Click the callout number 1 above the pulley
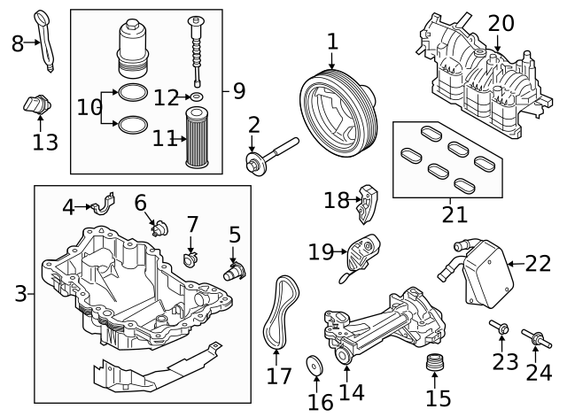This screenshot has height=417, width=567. tap(332, 41)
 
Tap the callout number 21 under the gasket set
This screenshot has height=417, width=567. tap(454, 214)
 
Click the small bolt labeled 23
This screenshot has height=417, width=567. tap(501, 330)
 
